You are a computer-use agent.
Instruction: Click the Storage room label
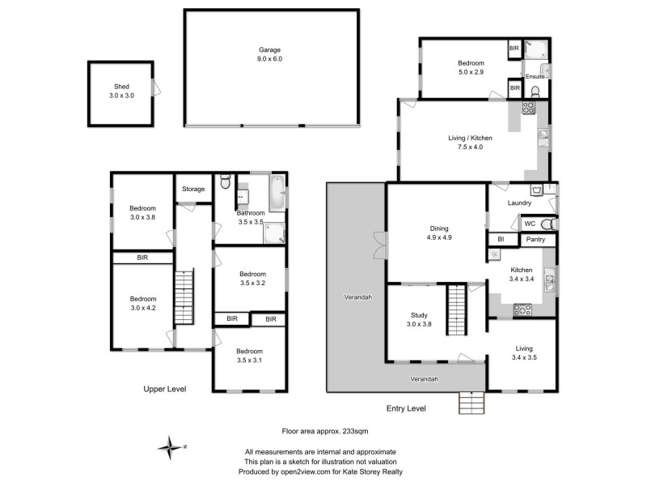coord(193,189)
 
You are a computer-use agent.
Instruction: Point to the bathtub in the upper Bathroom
coord(277,191)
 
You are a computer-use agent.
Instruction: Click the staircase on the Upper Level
coord(185,296)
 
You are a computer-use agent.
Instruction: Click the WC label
coord(530,223)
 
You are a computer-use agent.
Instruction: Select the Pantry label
coord(535,240)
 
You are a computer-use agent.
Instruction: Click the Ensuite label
coord(535,76)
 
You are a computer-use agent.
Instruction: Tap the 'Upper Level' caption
coord(165,389)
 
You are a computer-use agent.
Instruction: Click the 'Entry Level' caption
coord(427,408)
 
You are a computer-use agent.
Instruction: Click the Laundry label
coord(518,203)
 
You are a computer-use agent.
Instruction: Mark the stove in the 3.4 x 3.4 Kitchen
coord(522,308)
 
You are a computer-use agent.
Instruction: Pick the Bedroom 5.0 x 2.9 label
coord(471,67)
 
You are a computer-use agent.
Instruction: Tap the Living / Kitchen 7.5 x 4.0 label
coord(470,143)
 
